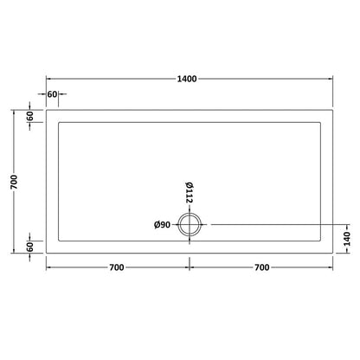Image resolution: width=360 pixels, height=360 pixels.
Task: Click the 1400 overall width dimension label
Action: point(187,79)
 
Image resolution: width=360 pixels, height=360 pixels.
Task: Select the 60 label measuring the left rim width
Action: point(52,93)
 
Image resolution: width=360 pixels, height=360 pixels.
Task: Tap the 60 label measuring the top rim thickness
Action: point(29,115)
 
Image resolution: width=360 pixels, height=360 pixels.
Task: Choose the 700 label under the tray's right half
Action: point(260,267)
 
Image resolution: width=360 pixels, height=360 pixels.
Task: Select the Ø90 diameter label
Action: point(162,226)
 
